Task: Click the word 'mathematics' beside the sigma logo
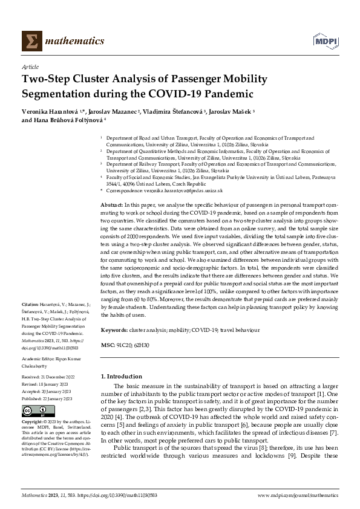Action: pos(68,41)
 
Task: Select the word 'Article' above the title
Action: pos(30,67)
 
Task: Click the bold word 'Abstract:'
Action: pos(113,206)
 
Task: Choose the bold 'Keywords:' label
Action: pos(114,330)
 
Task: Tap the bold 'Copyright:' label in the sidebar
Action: pos(33,422)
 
